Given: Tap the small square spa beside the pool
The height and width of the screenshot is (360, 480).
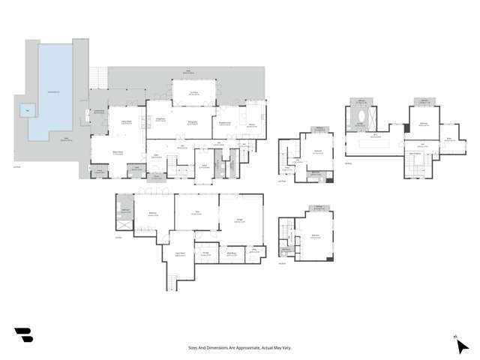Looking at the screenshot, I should (x=27, y=109).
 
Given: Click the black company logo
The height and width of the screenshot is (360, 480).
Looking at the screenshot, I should (x=24, y=335).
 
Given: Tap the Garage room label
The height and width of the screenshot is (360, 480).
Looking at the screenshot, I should (x=240, y=219).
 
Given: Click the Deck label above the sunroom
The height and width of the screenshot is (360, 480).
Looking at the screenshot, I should (x=189, y=73).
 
